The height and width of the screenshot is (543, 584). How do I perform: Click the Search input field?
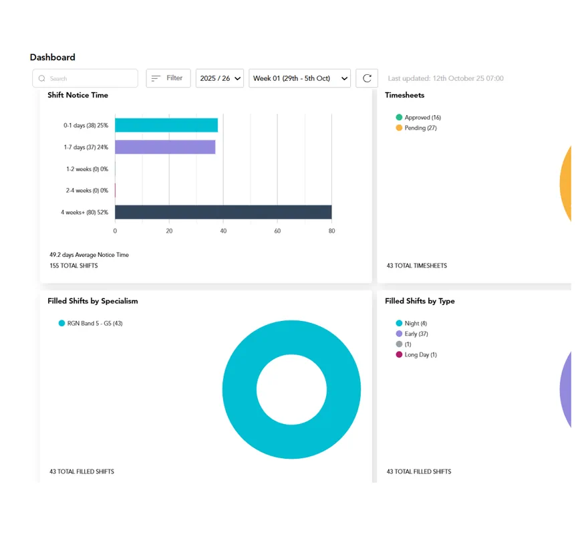pos(85,78)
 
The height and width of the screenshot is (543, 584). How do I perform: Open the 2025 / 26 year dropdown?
pos(220,78)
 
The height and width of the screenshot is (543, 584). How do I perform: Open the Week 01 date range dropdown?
pos(299,78)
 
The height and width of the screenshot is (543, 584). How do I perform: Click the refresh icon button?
pos(367,78)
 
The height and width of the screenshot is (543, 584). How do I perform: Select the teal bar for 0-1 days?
pos(166,125)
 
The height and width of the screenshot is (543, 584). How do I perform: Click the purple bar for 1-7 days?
pos(165,147)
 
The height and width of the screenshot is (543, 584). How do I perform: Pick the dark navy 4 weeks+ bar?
pos(223,212)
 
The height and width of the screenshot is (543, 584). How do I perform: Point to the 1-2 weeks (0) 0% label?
pos(87,169)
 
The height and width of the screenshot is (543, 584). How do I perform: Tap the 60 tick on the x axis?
pos(277,231)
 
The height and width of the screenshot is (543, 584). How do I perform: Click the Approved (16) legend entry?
pos(418,118)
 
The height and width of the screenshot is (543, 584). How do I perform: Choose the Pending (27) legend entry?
pos(416,128)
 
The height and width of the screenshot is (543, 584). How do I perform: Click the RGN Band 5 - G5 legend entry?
pos(90,323)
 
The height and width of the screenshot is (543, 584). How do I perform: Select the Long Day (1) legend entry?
pos(416,354)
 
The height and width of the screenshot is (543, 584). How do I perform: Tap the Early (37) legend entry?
pos(412,334)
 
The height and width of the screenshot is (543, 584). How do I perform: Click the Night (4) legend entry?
pos(411,323)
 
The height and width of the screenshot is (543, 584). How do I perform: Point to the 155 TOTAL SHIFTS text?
pos(74,265)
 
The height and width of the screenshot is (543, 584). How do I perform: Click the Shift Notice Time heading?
pos(78,95)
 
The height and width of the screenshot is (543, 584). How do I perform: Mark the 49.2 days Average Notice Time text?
pos(89,255)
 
